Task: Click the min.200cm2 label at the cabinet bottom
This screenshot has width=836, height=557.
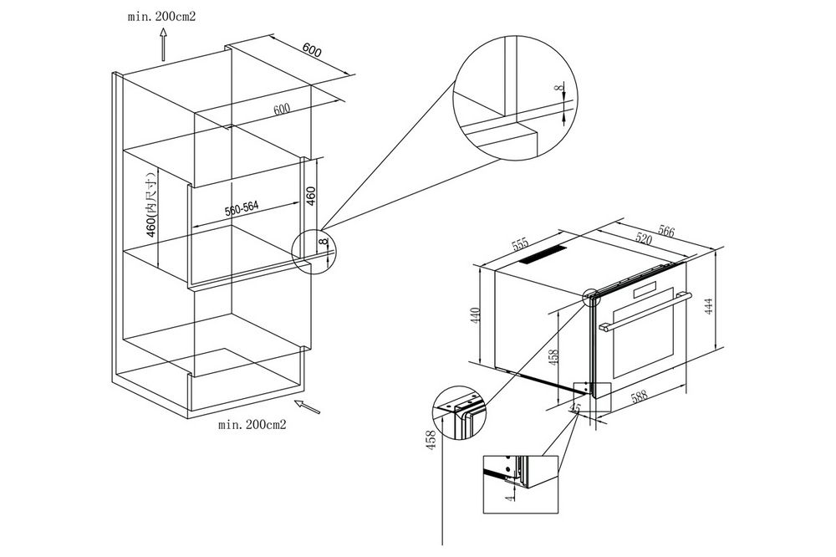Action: (252, 425)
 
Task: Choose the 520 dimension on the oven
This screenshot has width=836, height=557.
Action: (643, 238)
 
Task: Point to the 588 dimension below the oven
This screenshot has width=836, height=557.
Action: (641, 399)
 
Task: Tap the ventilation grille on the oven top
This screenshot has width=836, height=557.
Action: (543, 254)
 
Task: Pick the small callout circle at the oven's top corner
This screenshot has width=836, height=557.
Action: (592, 296)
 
